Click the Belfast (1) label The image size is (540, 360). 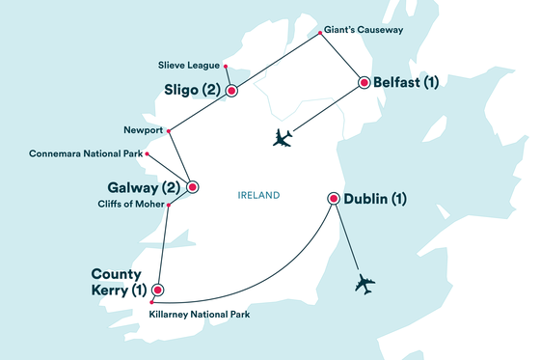(408, 82)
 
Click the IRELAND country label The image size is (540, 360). (257, 196)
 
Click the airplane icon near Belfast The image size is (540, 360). (282, 138)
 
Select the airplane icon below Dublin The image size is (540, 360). (364, 284)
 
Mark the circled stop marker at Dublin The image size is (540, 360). (334, 199)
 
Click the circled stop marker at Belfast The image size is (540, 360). (364, 82)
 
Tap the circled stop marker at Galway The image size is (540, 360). (192, 187)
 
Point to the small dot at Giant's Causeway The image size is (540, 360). (320, 37)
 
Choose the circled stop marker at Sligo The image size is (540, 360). (231, 91)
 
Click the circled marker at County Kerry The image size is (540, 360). (158, 288)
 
